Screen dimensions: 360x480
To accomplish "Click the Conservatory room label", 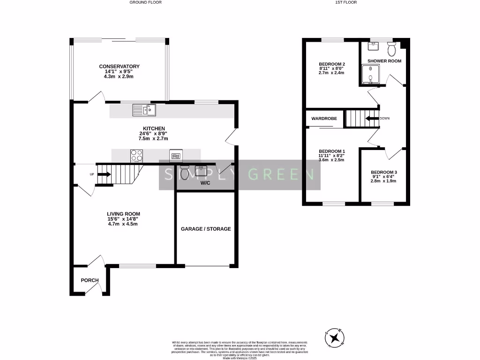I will tap(119, 67).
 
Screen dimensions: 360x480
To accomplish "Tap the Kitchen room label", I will tap(154, 128).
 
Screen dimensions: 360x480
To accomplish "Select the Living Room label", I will tap(122, 214).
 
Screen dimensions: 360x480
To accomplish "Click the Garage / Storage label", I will tap(206, 229).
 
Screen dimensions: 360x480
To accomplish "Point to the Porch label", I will tap(90, 280).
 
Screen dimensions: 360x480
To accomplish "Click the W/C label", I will tap(205, 183).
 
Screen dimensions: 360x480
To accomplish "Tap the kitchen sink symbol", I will tap(144, 110).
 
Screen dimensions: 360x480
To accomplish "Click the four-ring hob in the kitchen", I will tap(136, 155).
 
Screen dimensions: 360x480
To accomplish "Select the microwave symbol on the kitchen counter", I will tap(176, 156).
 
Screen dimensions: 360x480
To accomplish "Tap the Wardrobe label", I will tap(324, 119).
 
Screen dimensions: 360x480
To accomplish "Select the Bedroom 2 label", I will tap(332, 64).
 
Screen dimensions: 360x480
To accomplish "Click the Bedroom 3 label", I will tap(383, 172).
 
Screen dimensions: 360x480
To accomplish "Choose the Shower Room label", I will tap(384, 61).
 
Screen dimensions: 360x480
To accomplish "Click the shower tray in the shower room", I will tap(370, 75).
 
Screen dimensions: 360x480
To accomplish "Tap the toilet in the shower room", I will tap(392, 48).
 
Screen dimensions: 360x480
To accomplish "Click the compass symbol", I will tap(335, 337).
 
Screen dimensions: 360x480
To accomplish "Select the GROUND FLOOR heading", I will tap(146, 2).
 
